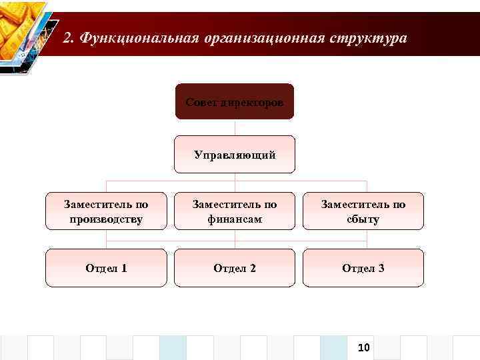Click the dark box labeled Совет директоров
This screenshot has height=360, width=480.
point(234,101)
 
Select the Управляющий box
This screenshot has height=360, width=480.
point(234,155)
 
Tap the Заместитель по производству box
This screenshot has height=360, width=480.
point(105,211)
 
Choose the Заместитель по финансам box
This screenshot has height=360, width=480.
point(234,211)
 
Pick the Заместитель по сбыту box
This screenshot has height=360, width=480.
point(363,211)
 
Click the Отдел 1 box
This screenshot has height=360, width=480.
point(105,268)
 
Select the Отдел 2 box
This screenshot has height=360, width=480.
point(234,268)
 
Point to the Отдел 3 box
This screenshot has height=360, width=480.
point(363,268)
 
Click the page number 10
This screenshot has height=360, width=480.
point(364,347)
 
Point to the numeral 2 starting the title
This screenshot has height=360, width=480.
point(67,38)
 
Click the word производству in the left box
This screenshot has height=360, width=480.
point(105,219)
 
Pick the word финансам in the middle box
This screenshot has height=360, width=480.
point(234,219)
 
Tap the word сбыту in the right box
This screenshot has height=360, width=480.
point(363,219)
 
